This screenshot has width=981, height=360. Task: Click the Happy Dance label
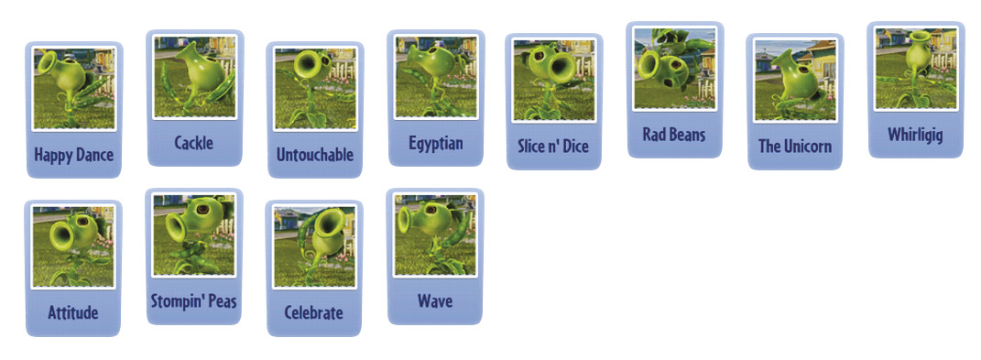coord(74,155)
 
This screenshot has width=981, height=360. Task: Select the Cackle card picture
coord(194,76)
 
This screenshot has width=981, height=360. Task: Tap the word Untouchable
coord(315,155)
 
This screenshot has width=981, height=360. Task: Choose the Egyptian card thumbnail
coord(436,76)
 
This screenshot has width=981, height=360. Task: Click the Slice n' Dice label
coord(553,147)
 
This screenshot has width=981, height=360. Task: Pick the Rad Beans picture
coord(674,68)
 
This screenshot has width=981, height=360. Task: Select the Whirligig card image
coord(916,68)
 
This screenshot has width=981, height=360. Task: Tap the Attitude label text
coord(73,312)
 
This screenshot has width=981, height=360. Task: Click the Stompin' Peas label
coord(194,301)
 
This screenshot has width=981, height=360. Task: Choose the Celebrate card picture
coord(315,246)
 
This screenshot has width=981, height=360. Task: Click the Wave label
coord(435,301)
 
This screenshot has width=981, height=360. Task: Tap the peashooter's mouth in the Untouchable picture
coord(308,64)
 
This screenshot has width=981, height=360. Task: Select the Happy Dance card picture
coord(74,88)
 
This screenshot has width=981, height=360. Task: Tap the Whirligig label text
coord(915,136)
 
